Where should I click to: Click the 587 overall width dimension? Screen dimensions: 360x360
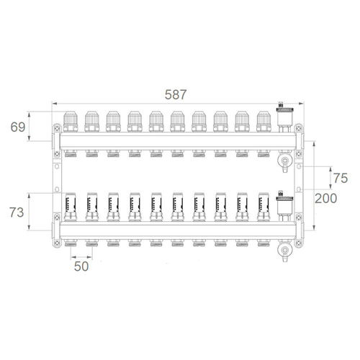[x=176, y=94]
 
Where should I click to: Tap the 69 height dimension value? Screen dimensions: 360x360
[x=18, y=127]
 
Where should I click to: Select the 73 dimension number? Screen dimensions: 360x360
[x=17, y=212]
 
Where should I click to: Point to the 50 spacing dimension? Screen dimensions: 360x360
[x=81, y=266]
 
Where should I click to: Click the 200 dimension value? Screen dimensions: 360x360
[x=325, y=199]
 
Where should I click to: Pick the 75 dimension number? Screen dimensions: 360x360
[x=341, y=179]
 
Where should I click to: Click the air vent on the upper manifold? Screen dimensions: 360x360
[x=284, y=117]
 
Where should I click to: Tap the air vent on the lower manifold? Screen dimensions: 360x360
[x=284, y=206]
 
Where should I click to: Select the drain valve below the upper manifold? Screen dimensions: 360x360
[x=285, y=161]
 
